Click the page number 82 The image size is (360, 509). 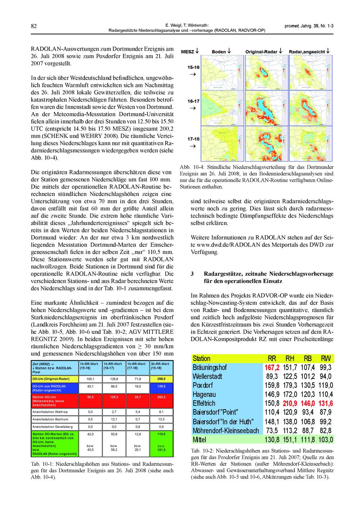click(x=34, y=26)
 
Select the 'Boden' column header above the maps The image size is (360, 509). click(x=219, y=52)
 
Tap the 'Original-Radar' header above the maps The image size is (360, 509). click(x=261, y=52)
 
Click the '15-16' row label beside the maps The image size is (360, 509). click(x=193, y=67)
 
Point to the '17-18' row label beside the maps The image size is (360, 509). click(x=193, y=139)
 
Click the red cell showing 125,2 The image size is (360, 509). click(x=114, y=397)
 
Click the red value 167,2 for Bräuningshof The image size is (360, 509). click(x=272, y=367)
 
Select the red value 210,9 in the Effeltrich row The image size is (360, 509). click(x=290, y=403)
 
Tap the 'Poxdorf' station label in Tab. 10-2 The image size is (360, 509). click(x=203, y=385)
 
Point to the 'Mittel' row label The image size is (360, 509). click(x=200, y=439)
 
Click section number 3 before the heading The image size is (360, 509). click(x=192, y=273)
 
